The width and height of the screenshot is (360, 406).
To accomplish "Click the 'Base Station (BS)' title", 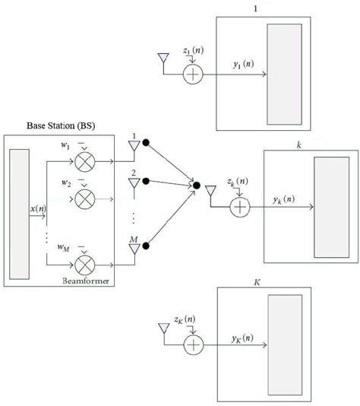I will pyautogui.click(x=45, y=125).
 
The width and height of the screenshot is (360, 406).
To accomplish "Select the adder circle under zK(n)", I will pyautogui.click(x=194, y=344).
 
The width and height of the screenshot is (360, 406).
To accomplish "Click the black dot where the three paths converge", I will pyautogui.click(x=196, y=185).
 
